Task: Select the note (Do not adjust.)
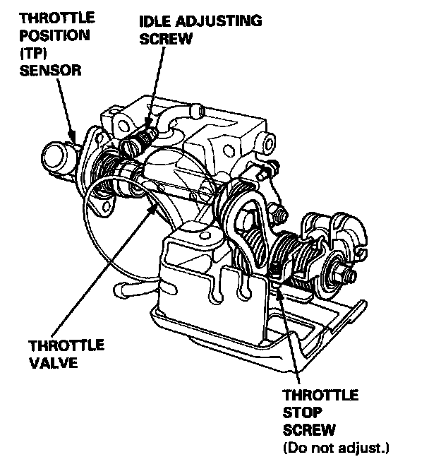[335, 447]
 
